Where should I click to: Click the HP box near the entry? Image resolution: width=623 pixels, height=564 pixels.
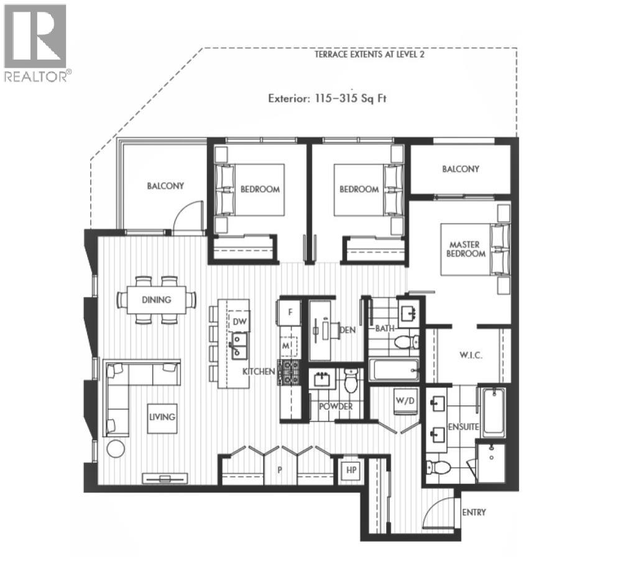(x=349, y=470)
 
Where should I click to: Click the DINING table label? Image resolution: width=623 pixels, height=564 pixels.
(x=156, y=299)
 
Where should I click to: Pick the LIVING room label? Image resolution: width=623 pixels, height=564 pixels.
(x=162, y=416)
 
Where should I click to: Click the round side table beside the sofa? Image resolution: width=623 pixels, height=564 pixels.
(x=115, y=448)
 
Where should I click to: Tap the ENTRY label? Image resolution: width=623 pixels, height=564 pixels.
(x=474, y=512)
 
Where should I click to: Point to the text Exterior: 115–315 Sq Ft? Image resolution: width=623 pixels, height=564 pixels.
(x=327, y=98)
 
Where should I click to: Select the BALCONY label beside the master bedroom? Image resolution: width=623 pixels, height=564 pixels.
(x=461, y=169)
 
